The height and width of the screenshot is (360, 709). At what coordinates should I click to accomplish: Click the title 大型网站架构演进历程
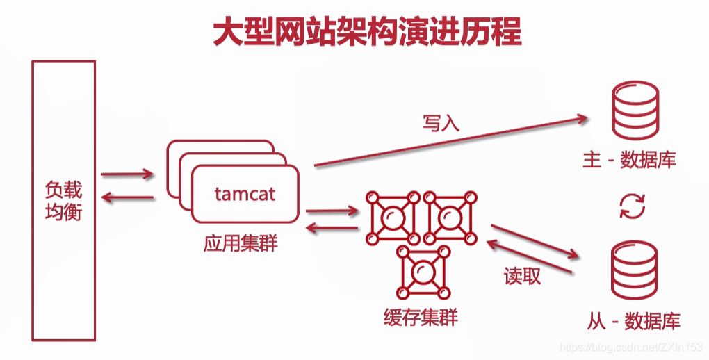(x=366, y=31)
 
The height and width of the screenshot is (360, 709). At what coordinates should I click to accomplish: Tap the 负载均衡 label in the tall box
(x=63, y=200)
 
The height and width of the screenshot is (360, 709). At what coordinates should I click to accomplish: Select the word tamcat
(x=245, y=194)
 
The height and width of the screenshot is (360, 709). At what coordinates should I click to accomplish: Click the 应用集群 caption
(x=241, y=244)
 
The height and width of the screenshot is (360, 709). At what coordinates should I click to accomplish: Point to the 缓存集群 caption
(x=421, y=318)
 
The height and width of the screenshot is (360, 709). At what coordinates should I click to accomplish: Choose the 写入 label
(x=441, y=123)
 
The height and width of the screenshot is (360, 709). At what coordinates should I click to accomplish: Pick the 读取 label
(x=522, y=277)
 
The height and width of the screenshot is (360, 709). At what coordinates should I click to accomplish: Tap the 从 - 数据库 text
(x=633, y=320)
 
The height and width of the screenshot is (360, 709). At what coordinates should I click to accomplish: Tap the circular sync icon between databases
(x=633, y=206)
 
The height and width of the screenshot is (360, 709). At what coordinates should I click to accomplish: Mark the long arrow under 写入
(x=451, y=142)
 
